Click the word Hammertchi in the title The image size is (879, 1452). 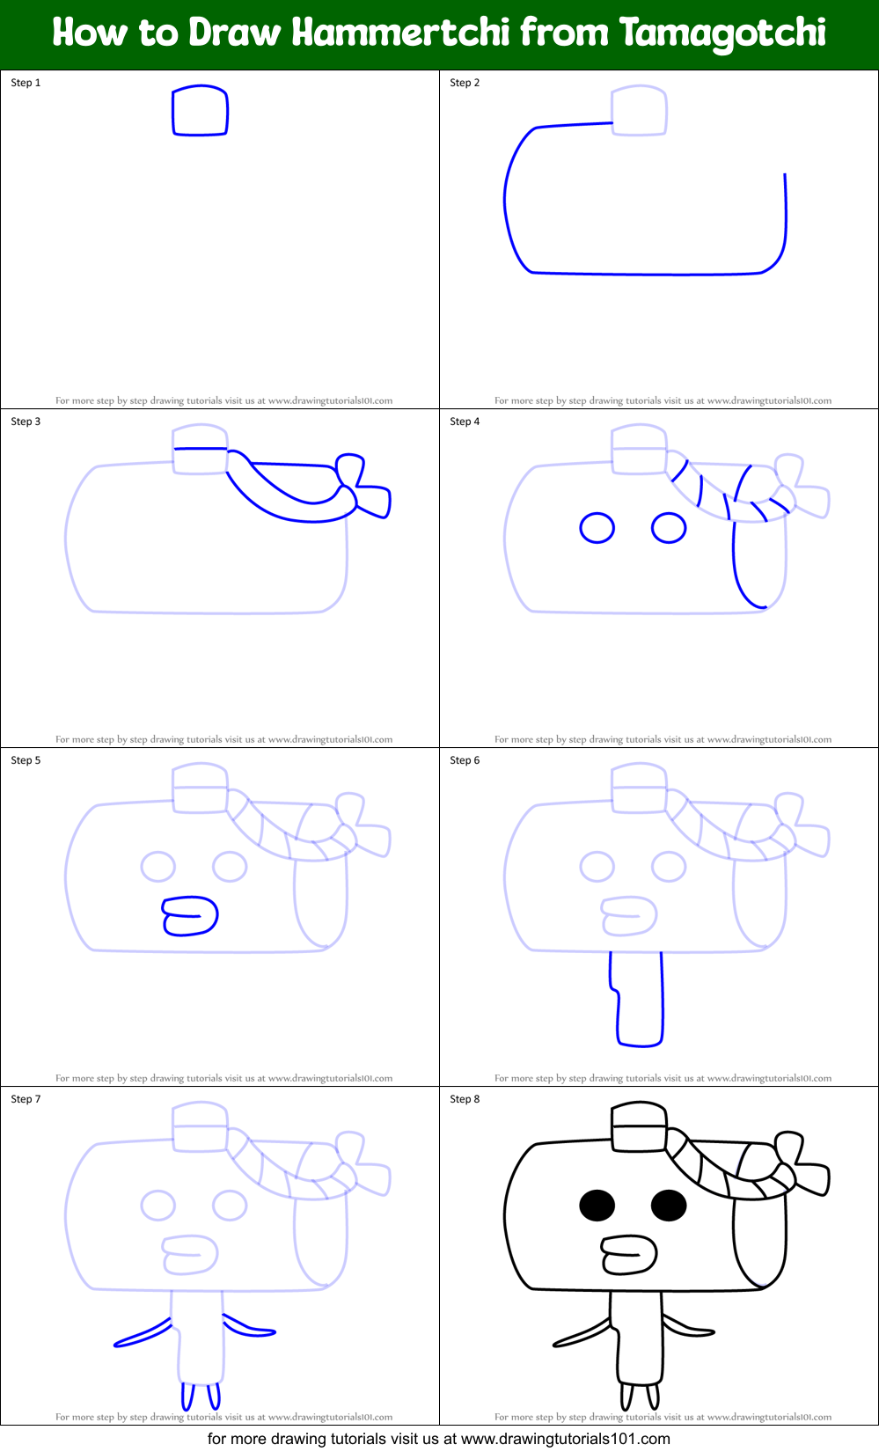[400, 33]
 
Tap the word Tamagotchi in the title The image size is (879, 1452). [722, 33]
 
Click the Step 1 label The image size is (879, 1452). [26, 83]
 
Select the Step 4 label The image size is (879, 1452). [465, 422]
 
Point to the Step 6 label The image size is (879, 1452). [465, 760]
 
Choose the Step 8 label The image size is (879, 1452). [465, 1099]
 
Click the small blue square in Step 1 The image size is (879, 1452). [200, 111]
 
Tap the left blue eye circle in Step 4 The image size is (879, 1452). [597, 528]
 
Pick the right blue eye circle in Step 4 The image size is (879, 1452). [669, 528]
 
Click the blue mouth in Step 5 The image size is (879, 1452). [189, 916]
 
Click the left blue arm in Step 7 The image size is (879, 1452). [143, 1333]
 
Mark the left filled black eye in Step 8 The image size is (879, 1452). [597, 1206]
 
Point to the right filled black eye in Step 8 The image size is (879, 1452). [669, 1206]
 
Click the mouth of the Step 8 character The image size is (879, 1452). [628, 1255]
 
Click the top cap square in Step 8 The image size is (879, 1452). [639, 1127]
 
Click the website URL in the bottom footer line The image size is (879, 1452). [565, 1440]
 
